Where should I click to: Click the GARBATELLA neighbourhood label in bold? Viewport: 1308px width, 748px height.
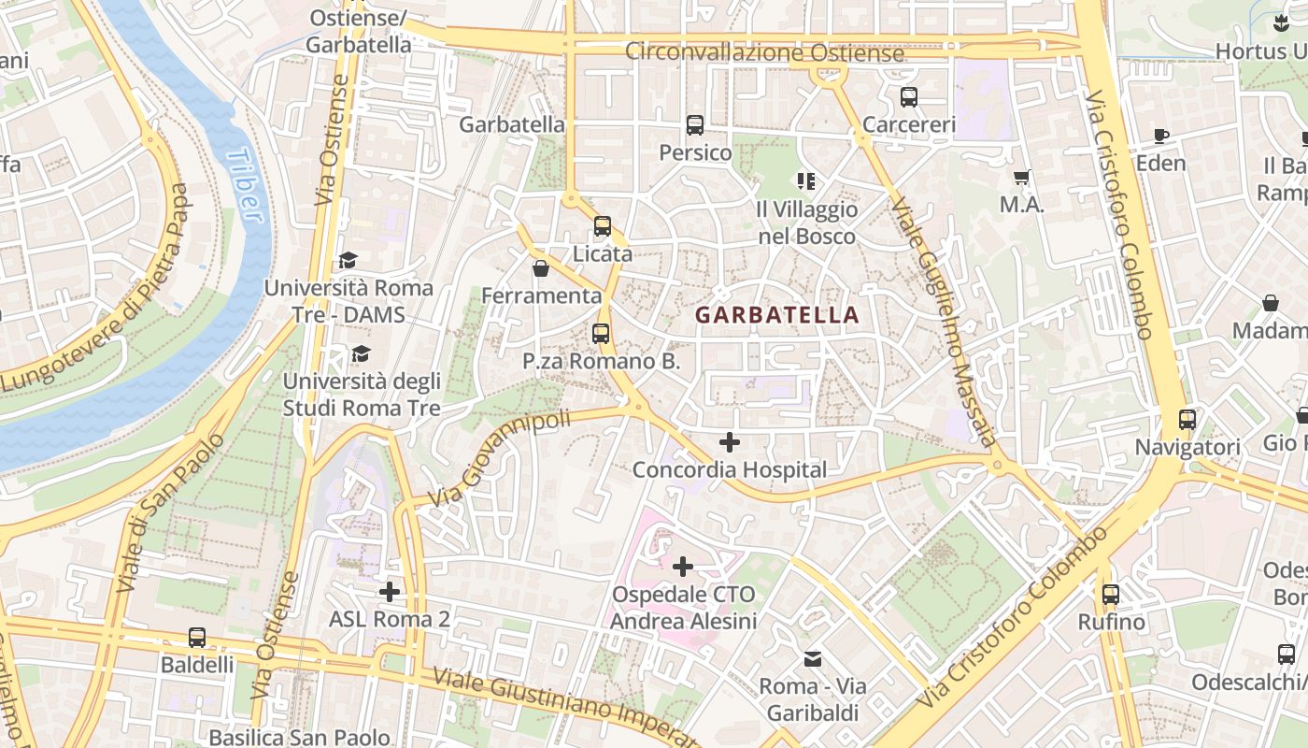[x=777, y=315]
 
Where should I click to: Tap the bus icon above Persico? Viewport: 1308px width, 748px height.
[x=694, y=125]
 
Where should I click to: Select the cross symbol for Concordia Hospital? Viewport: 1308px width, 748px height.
[x=730, y=442]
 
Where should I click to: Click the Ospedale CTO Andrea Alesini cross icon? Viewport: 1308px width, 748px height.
[x=683, y=567]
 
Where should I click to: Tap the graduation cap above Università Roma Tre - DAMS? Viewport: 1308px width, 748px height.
[x=348, y=260]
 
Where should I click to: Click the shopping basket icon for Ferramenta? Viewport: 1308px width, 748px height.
[x=540, y=269]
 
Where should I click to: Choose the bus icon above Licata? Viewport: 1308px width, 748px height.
[x=603, y=226]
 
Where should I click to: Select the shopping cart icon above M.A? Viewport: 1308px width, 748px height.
[x=1022, y=177]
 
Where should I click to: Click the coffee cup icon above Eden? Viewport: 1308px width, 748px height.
[x=1161, y=137]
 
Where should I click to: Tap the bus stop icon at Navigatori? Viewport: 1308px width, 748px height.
[x=1187, y=420]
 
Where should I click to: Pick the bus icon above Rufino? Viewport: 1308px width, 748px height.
[x=1110, y=595]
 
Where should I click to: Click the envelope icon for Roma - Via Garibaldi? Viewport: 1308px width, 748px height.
[x=813, y=659]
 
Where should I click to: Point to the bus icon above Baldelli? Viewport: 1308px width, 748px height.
[x=197, y=638]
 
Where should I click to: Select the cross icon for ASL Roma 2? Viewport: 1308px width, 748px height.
[x=390, y=592]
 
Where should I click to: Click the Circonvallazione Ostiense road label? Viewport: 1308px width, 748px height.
[x=764, y=52]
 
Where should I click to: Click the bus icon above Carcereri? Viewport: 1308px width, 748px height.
[x=908, y=96]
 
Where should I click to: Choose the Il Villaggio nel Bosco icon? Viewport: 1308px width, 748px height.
[x=806, y=181]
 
